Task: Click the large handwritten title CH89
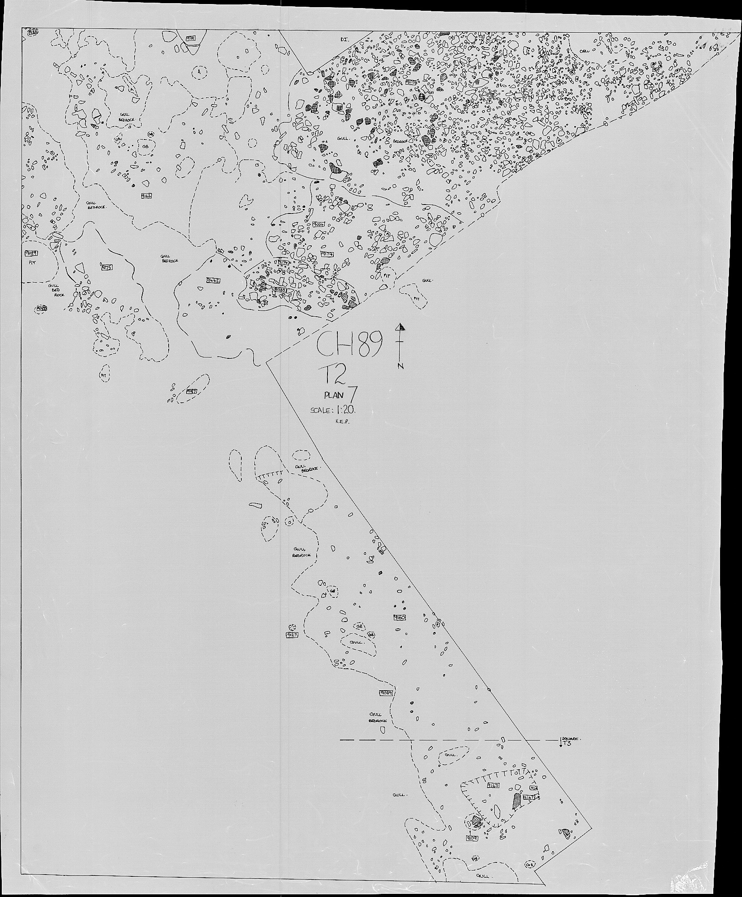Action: [x=350, y=345]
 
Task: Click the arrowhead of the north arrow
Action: [x=401, y=327]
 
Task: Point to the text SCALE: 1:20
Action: [x=334, y=410]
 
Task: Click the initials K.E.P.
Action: [x=342, y=421]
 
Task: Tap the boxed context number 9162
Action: [x=147, y=196]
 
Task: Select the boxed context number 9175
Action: [x=107, y=267]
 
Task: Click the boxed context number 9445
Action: [x=214, y=280]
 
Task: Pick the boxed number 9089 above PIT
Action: [x=31, y=253]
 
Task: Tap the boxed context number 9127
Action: [x=292, y=635]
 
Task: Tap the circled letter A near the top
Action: [x=200, y=71]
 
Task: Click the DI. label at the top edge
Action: [x=344, y=39]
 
